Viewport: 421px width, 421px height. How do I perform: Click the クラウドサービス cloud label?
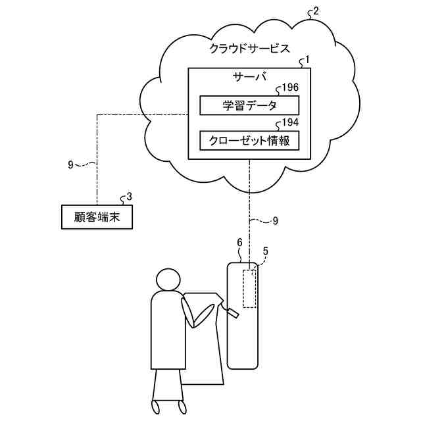(249, 48)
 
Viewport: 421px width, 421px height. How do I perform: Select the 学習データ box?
(249, 105)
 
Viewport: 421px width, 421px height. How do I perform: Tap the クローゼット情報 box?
(249, 140)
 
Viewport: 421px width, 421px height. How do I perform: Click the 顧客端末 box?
(97, 216)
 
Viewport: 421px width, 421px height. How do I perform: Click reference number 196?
(290, 87)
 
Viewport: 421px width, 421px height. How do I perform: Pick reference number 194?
(290, 122)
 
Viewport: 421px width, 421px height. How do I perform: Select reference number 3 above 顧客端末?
(129, 196)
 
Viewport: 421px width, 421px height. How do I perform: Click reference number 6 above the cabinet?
(239, 243)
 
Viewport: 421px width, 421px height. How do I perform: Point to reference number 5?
(265, 251)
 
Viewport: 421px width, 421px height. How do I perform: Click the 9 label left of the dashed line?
(70, 164)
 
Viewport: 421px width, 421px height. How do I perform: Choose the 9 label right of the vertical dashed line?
(275, 221)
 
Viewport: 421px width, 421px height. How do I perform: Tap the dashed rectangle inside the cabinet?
(249, 288)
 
